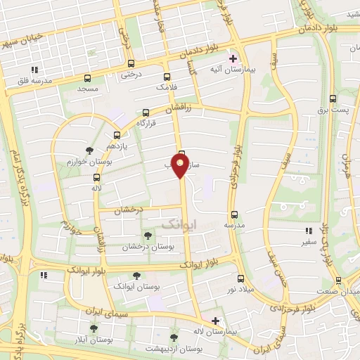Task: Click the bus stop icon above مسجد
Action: point(88,78)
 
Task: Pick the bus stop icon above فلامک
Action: point(167,77)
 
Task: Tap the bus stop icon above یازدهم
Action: point(116,136)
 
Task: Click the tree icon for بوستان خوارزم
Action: point(89,150)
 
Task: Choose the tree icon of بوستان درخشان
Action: point(147,236)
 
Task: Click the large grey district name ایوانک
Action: point(180,223)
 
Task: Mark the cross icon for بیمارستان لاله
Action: point(215,321)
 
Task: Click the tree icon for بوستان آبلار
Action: point(94,328)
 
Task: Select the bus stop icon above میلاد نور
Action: point(240,279)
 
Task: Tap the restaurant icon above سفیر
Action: point(307,231)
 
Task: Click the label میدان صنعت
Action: point(338,291)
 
